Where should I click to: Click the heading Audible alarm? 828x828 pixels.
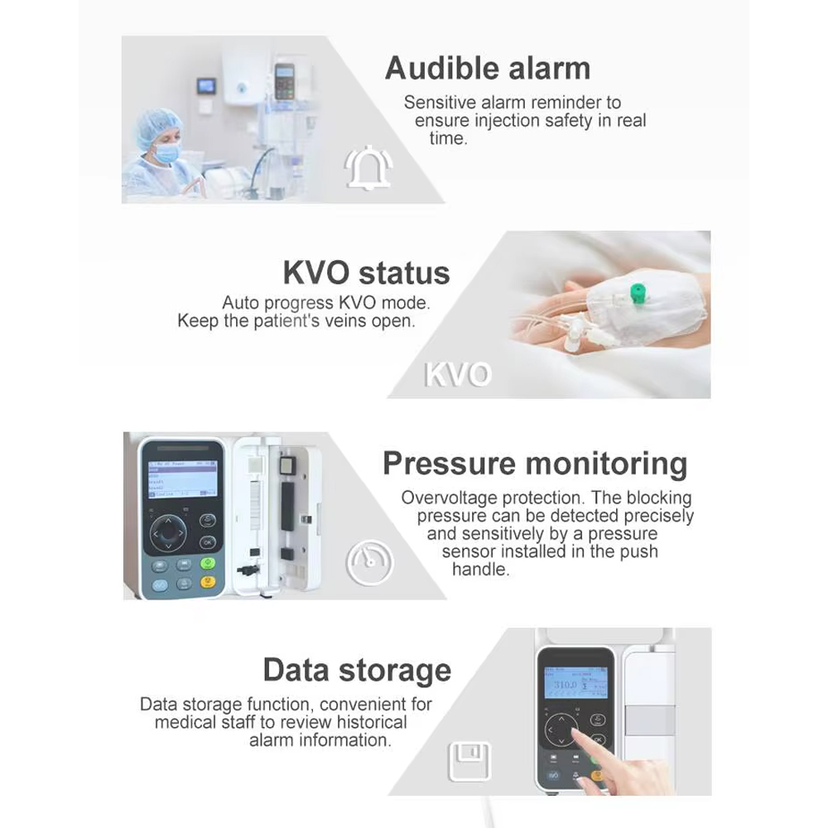point(488,68)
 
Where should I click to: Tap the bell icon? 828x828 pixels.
point(368,168)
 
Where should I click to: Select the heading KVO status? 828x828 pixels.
point(366,272)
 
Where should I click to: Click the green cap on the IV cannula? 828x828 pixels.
point(638,291)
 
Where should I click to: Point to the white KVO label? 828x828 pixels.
point(458,374)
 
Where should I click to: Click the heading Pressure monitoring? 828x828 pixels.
point(535,463)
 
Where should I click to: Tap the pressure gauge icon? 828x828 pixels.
point(369,564)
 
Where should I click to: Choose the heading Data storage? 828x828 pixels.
point(357,669)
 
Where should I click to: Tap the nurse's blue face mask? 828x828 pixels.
point(168,152)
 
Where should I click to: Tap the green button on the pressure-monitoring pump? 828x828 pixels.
point(208,563)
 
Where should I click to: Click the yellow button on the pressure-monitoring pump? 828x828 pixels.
point(208,581)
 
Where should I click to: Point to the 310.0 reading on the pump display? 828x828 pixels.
point(565,686)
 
